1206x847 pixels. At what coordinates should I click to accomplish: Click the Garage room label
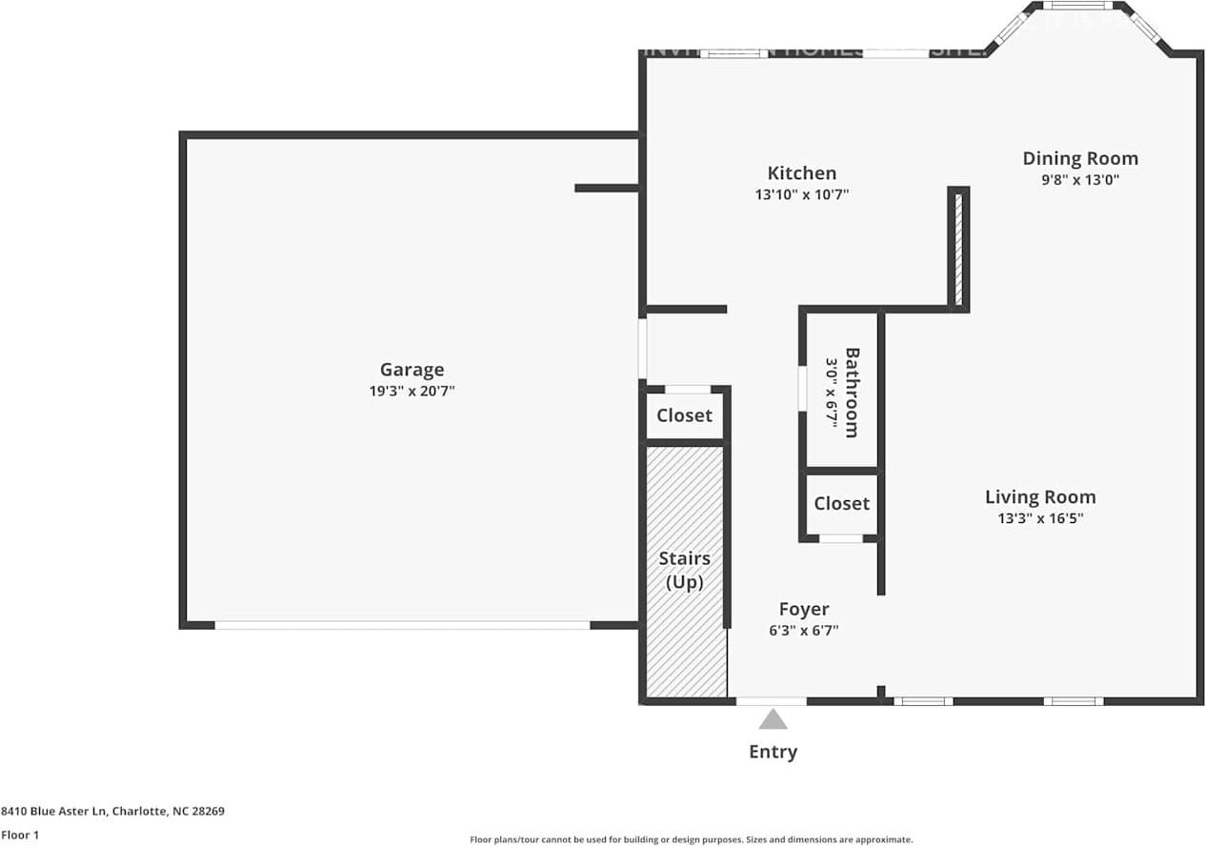(x=412, y=370)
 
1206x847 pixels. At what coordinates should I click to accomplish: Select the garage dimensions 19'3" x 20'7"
(x=412, y=391)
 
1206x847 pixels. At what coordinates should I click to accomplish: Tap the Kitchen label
(x=801, y=172)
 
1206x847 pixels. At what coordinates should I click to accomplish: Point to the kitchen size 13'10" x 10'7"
(x=801, y=194)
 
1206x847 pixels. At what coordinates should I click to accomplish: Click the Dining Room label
(x=1079, y=158)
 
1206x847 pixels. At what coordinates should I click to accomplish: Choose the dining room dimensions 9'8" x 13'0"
(x=1079, y=179)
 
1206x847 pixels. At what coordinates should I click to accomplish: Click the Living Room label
(x=1039, y=496)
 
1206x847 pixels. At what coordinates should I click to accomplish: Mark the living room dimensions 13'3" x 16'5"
(x=1039, y=518)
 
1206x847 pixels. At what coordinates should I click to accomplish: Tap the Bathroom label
(x=852, y=392)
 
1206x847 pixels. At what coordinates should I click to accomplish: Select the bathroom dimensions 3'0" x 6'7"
(x=831, y=392)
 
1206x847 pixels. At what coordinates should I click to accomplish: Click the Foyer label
(x=803, y=609)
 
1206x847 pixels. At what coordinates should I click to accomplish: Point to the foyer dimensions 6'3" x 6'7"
(x=803, y=630)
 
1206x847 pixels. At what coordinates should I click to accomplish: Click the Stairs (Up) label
(x=684, y=570)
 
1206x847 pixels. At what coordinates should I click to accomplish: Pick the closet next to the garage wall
(x=684, y=415)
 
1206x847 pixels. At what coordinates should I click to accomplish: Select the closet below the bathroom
(x=841, y=503)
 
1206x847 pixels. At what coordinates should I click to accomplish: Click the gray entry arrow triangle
(x=773, y=719)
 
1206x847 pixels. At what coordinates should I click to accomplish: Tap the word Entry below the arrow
(x=773, y=752)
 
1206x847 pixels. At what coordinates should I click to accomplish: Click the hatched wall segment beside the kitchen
(x=958, y=248)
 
